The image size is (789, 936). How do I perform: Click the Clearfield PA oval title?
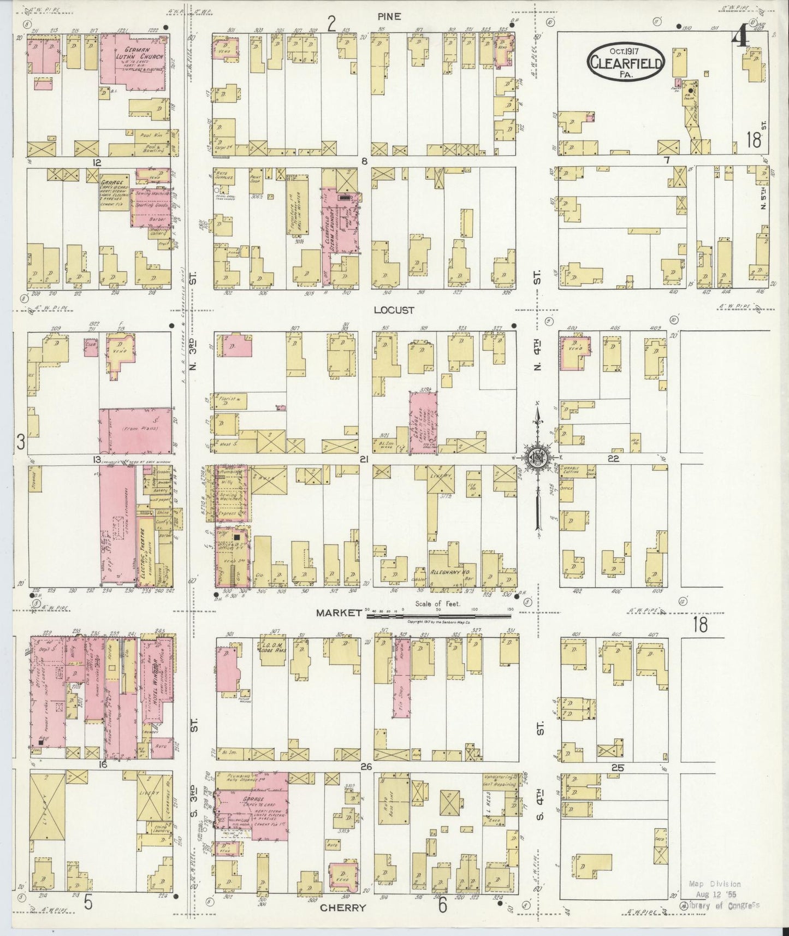(626, 63)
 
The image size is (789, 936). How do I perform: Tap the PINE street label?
(389, 17)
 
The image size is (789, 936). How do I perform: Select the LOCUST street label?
(394, 310)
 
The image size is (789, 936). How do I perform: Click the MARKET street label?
(339, 613)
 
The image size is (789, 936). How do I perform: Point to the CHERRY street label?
(342, 907)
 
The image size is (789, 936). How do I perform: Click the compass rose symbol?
(536, 458)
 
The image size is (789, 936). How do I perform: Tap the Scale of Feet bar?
(438, 615)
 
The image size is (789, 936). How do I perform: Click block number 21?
(364, 459)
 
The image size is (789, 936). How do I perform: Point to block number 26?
(366, 767)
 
